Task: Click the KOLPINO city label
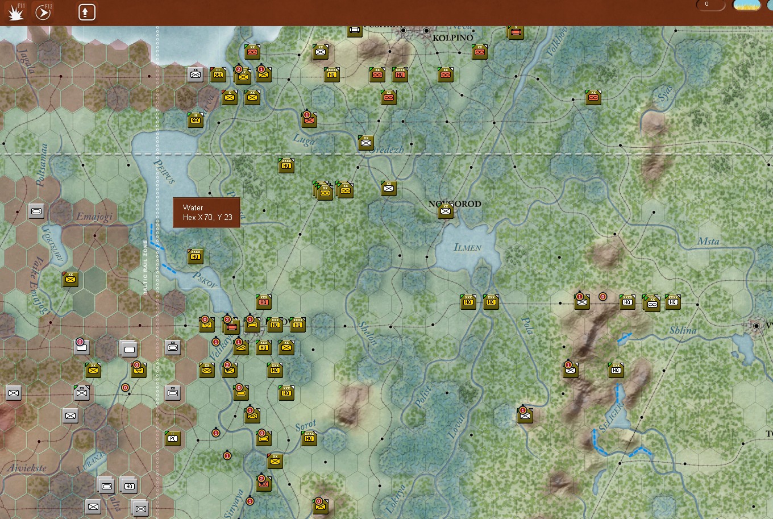click(x=452, y=38)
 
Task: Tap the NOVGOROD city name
click(x=455, y=204)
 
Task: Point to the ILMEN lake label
click(x=467, y=247)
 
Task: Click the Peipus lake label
click(x=165, y=171)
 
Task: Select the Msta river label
click(x=708, y=242)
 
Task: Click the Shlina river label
click(x=683, y=330)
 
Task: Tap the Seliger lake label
click(x=611, y=418)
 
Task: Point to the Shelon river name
click(x=368, y=333)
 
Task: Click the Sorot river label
click(x=306, y=426)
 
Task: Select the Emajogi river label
click(x=94, y=217)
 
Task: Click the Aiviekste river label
click(x=27, y=468)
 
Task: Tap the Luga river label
click(x=304, y=139)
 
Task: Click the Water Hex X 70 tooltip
click(x=206, y=213)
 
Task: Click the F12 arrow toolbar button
click(x=43, y=12)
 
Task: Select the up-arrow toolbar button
click(x=86, y=12)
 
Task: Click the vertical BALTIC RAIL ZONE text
click(x=145, y=267)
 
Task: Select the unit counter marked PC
click(x=173, y=438)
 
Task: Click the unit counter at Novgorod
click(x=446, y=212)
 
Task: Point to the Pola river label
click(x=527, y=326)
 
